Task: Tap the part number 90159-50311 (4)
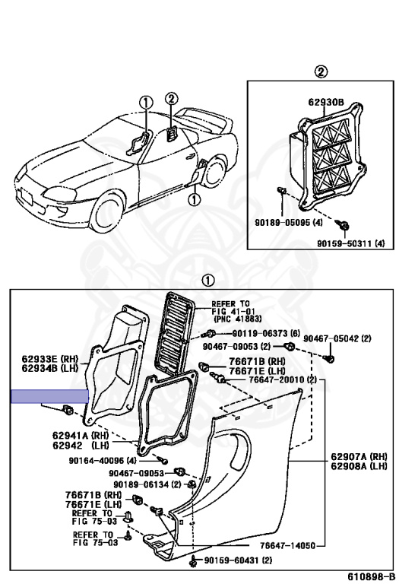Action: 351,243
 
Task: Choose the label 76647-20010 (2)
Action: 273,379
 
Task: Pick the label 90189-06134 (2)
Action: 147,484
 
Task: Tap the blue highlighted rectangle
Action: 50,395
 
